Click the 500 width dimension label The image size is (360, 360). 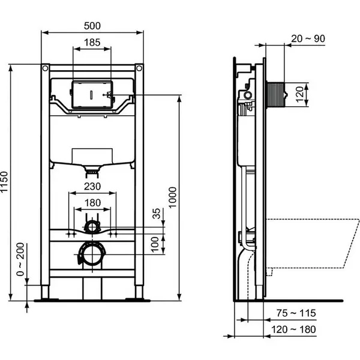coord(92,26)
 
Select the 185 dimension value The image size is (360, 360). coord(92,43)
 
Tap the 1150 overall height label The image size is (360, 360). coord(4,182)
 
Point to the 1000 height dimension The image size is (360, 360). coord(173,197)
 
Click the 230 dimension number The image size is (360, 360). coord(92,187)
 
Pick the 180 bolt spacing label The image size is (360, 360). coord(92,203)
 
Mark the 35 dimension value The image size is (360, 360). coord(157,214)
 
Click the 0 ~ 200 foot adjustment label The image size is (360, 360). coord(20,259)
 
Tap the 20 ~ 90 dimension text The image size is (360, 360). coord(308,38)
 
